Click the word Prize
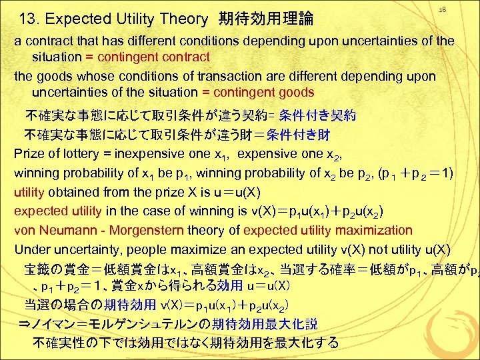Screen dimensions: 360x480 coord(29,154)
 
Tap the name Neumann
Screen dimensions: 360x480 coord(65,231)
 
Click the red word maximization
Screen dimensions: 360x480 coord(367,231)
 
